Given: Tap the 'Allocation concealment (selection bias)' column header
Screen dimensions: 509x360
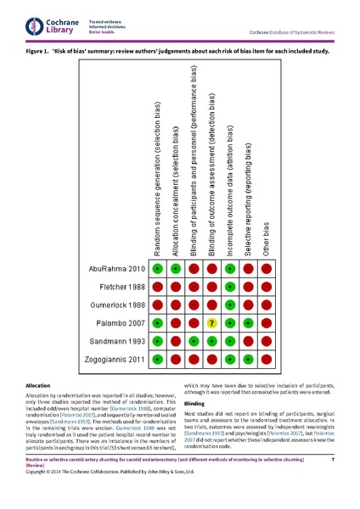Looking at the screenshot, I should pos(176,192).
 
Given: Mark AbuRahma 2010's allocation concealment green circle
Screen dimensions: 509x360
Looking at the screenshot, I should pos(176,269).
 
